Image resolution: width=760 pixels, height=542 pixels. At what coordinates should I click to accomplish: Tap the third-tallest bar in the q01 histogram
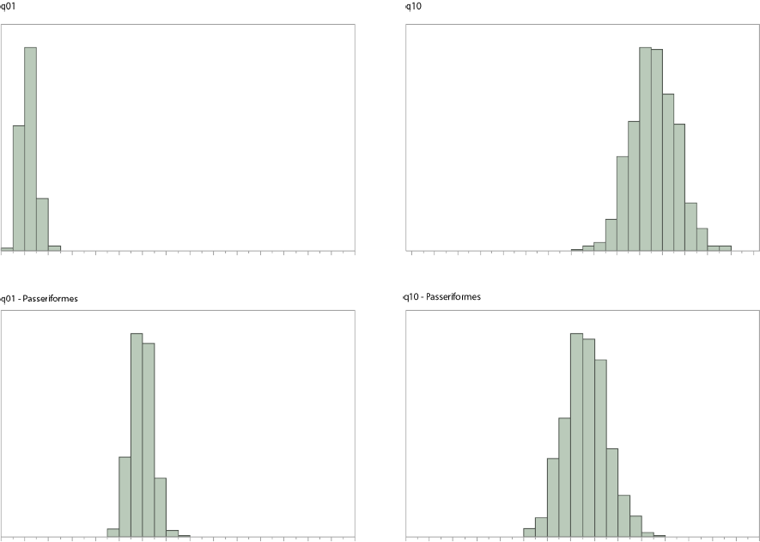tap(42, 224)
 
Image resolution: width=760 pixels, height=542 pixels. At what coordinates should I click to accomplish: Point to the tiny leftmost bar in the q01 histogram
tap(7, 249)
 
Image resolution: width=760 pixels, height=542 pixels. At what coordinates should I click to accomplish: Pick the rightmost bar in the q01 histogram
tap(54, 248)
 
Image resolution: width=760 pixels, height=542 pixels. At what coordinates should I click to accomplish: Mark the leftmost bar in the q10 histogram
tap(577, 250)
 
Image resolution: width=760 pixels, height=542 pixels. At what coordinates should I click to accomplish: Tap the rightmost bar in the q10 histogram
tap(725, 248)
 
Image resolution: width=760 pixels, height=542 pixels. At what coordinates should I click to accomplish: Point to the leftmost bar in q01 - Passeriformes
tap(112, 533)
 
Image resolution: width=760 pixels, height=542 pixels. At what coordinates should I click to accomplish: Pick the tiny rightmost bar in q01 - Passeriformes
tap(184, 536)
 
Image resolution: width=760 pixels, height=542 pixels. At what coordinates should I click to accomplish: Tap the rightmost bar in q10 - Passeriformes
tap(660, 536)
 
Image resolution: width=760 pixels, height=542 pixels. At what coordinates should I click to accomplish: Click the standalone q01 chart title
tap(7, 7)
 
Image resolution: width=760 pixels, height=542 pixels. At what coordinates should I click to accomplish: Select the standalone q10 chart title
tap(411, 7)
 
